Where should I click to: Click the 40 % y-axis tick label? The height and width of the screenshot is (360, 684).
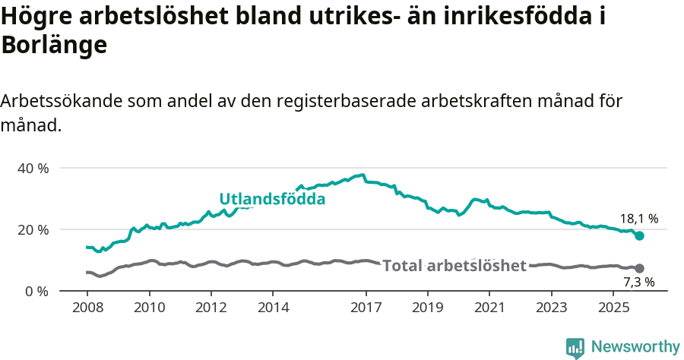(x=33, y=168)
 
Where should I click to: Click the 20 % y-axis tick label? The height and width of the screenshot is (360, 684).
(x=33, y=229)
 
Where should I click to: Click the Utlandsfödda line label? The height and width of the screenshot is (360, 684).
(x=272, y=199)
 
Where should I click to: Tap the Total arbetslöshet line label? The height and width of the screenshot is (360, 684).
(x=454, y=265)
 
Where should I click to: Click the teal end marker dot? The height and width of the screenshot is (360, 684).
(x=639, y=236)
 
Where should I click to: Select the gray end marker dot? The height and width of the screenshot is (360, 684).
(x=639, y=268)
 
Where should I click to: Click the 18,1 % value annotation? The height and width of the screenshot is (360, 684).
(x=639, y=219)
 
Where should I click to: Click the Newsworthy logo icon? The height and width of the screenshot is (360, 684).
(x=575, y=347)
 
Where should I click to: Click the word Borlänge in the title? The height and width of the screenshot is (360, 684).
(x=54, y=45)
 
